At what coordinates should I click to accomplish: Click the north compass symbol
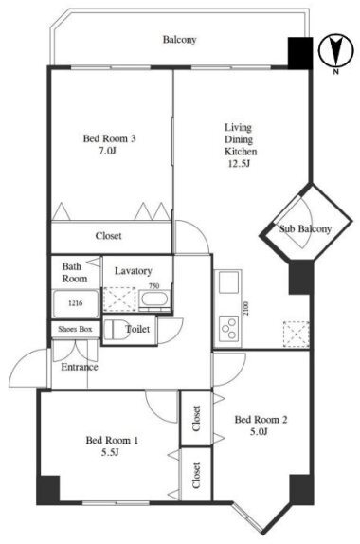pos(335,50)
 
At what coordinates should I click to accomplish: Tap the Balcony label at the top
pos(180,40)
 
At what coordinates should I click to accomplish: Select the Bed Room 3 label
pos(109,138)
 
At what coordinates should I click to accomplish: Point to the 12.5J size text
pos(239,164)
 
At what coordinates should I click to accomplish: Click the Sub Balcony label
pos(305,229)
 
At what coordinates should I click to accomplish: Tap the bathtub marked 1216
pos(76,303)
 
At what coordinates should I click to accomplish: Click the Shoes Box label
pos(75,329)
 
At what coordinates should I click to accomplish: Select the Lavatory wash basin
pos(154,299)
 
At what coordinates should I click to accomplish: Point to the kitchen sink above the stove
pos(228,282)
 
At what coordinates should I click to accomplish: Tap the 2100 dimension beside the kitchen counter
pos(246,308)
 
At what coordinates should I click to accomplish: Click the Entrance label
pos(80,367)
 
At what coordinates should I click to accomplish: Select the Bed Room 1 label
pos(112,441)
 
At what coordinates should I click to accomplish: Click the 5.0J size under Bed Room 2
pos(261,431)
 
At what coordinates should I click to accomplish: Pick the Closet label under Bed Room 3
pos(109,236)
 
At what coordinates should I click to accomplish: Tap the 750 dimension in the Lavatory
pos(154,286)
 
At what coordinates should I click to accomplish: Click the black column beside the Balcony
pos(300,53)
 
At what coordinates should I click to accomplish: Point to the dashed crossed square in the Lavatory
pos(119,299)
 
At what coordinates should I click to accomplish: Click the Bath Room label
pos(75,272)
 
